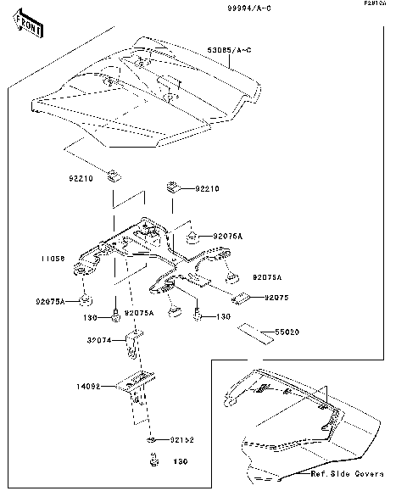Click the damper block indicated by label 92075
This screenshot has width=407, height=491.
240,297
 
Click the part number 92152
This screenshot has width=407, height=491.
181,441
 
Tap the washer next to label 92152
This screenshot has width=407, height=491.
151,442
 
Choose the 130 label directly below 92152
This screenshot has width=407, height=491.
180,462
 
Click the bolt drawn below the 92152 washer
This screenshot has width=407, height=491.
153,461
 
